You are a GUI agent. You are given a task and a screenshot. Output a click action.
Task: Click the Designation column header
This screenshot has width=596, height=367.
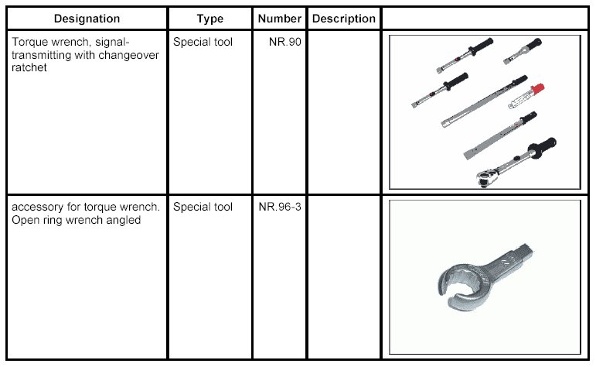click(x=87, y=19)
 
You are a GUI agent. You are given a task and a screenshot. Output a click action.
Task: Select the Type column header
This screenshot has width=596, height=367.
click(x=209, y=19)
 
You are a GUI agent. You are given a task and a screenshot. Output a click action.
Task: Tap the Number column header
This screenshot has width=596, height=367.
click(x=280, y=19)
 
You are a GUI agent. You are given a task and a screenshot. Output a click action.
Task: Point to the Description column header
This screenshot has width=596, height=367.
click(x=343, y=19)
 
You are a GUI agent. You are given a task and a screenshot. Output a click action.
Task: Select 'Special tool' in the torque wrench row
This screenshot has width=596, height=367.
click(x=203, y=41)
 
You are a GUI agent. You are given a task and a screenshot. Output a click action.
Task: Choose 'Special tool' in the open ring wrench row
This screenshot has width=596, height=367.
click(x=203, y=208)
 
